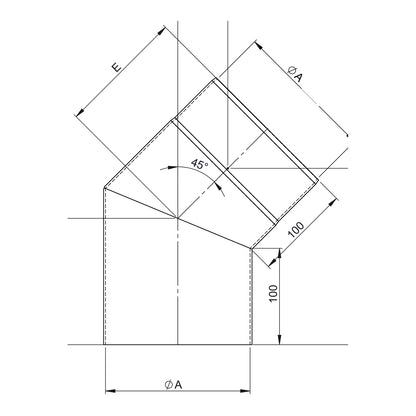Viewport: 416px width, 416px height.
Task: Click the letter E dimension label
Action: [117, 67]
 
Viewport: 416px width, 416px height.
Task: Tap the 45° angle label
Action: [199, 164]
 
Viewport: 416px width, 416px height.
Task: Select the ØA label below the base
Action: [174, 385]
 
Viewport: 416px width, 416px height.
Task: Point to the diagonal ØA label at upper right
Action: [295, 74]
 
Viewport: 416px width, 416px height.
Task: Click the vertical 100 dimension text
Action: [273, 293]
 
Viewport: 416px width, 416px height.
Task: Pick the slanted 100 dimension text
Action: [296, 230]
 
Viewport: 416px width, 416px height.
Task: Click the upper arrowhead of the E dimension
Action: [161, 31]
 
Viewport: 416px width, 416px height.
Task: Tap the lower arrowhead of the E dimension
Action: [79, 112]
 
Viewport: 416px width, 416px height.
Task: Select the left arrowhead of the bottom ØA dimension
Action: [110, 390]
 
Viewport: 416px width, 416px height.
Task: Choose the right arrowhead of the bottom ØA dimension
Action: [245, 390]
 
